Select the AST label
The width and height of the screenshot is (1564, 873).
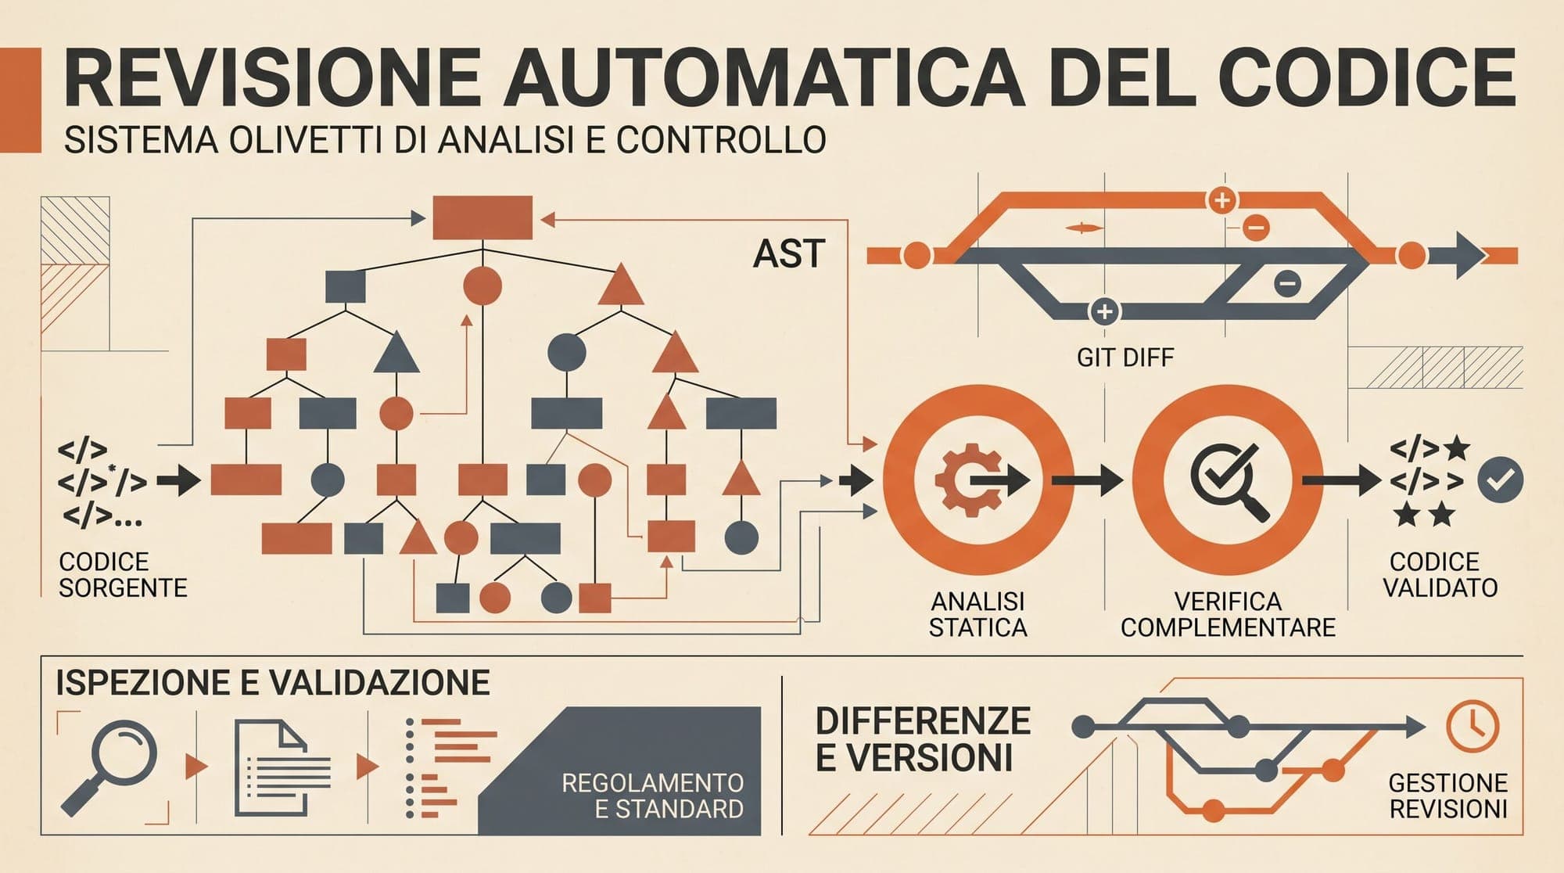click(788, 254)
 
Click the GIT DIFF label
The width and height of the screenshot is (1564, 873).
click(1125, 358)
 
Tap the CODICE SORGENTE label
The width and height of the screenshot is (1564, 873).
click(123, 575)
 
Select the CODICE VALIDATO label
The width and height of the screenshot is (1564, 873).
click(1440, 575)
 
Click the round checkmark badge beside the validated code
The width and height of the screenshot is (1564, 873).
click(1500, 480)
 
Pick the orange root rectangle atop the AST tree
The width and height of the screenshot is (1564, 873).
click(482, 217)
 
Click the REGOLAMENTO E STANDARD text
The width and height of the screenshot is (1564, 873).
click(653, 795)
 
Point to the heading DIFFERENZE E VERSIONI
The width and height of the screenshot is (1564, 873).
click(923, 739)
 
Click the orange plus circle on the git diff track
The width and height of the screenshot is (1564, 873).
click(1221, 200)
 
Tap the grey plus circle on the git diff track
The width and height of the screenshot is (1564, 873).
click(1104, 311)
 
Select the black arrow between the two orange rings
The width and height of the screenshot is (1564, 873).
click(1086, 480)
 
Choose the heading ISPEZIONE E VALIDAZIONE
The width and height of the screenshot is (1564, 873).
click(273, 683)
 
